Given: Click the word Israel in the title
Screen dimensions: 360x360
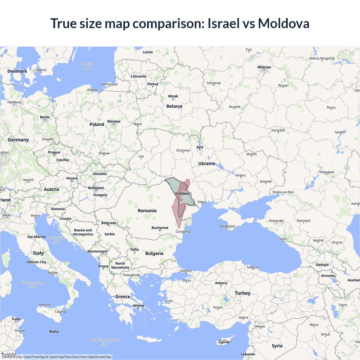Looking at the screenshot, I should [223, 23].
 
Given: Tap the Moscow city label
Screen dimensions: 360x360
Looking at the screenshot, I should [264, 67].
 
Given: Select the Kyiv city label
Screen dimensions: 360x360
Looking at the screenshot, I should [200, 147].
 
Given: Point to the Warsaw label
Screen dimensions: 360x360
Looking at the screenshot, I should [114, 121].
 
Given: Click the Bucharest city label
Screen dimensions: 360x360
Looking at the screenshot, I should [160, 228].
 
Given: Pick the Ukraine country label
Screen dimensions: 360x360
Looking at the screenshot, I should [206, 163].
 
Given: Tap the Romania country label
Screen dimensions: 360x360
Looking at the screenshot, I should [147, 211].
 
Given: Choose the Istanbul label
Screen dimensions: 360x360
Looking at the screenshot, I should [186, 271].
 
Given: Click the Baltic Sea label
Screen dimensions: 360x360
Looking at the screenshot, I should [87, 66].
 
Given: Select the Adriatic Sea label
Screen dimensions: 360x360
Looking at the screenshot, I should [56, 240].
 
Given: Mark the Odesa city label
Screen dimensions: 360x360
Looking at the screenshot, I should [202, 202].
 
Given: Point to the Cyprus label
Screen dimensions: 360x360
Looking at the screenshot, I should [224, 342].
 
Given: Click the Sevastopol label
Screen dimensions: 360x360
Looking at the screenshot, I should [227, 226].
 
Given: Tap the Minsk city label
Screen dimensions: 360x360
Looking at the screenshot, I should [173, 96].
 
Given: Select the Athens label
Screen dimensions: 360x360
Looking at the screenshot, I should [138, 306].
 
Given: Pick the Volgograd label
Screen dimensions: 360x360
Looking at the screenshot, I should [326, 172].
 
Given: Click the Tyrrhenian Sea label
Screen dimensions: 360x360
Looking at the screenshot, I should [32, 285].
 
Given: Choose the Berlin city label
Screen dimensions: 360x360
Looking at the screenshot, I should [45, 117].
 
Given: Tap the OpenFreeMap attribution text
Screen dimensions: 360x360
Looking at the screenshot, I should [34, 357].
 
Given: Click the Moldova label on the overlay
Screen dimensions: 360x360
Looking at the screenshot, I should [182, 193].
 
